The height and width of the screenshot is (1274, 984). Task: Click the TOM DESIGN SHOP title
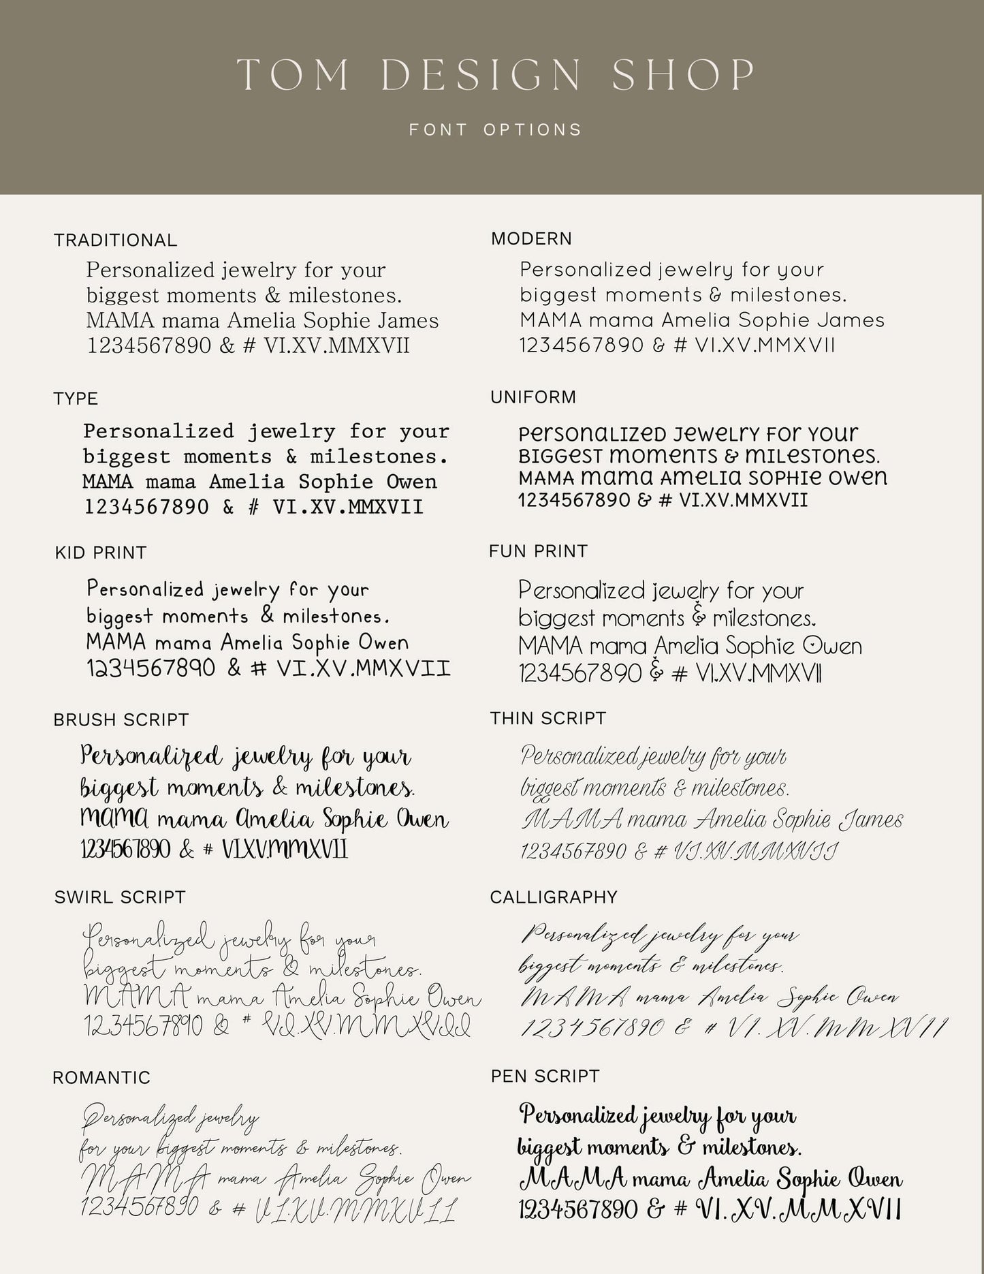click(496, 75)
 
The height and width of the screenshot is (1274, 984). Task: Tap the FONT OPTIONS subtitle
click(496, 129)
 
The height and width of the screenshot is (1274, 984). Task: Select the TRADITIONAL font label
click(115, 240)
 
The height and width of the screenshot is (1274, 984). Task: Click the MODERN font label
click(531, 239)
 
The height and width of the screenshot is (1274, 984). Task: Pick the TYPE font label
click(76, 399)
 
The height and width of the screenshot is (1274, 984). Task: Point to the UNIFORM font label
click(533, 397)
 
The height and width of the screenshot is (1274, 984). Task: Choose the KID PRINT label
click(101, 553)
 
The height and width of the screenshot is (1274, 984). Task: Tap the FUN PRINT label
click(538, 551)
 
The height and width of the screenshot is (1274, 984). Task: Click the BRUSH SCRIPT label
click(121, 720)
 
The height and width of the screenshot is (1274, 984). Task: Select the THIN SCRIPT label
click(547, 719)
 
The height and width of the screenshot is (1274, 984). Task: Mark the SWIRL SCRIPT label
click(120, 897)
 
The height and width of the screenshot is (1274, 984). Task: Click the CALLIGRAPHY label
click(553, 897)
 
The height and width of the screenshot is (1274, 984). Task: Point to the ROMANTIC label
click(101, 1078)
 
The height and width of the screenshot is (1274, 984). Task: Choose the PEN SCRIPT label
click(545, 1076)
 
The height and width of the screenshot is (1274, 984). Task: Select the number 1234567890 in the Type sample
click(146, 507)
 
